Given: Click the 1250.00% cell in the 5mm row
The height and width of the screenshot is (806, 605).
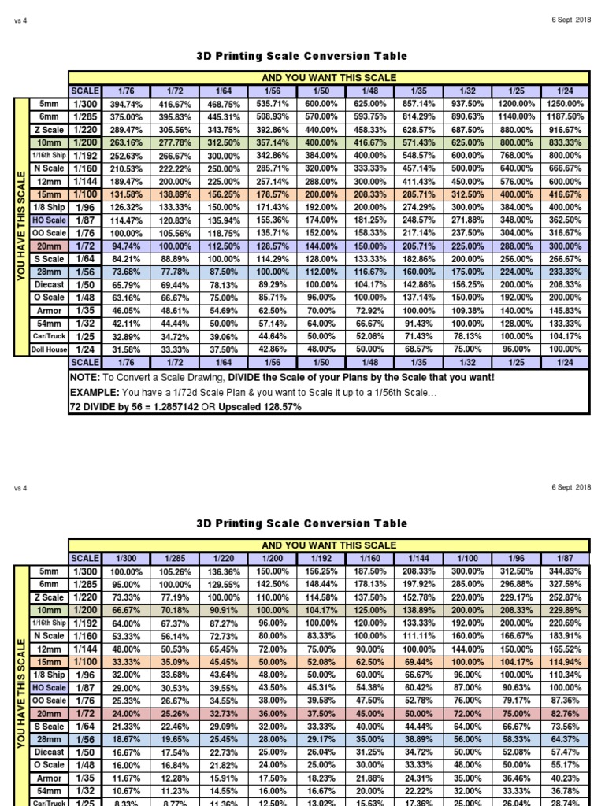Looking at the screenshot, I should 564,104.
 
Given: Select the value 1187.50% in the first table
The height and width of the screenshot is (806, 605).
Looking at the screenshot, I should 564,116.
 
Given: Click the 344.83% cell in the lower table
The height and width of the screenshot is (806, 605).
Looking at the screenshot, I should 564,571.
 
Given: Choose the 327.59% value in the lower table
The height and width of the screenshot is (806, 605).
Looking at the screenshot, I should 564,584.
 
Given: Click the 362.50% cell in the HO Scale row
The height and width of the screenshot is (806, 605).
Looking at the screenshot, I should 564,220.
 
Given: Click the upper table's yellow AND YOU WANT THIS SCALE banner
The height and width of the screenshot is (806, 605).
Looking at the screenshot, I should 328,78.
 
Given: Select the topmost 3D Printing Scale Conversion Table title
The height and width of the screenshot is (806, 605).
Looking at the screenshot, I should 302,56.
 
